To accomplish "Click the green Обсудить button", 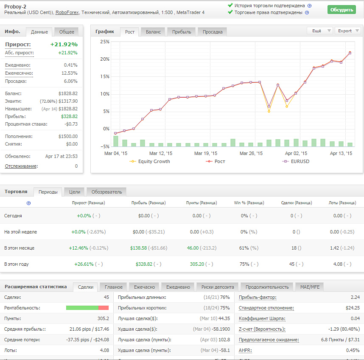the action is [x=342, y=10].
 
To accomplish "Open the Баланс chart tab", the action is [x=153, y=32].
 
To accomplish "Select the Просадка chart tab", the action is [x=213, y=32].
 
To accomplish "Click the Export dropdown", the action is [x=348, y=31].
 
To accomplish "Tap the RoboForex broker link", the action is [x=67, y=13].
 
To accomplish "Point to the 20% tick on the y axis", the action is [x=105, y=59].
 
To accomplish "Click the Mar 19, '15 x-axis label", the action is [x=206, y=153].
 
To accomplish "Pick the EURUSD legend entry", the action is [x=296, y=161].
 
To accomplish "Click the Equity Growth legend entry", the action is [x=150, y=161].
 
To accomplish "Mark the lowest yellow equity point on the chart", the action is [x=269, y=112].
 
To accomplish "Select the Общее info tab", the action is [x=67, y=32].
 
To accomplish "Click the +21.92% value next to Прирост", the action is [x=64, y=44].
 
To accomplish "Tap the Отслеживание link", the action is [x=21, y=166].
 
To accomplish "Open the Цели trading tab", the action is [x=75, y=192].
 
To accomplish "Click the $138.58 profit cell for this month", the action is [x=138, y=248].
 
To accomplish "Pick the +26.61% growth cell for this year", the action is [x=84, y=264].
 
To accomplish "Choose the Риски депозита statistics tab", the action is [x=218, y=287].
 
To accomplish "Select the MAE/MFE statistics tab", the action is [x=310, y=287].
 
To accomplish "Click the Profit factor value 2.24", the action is [x=355, y=297].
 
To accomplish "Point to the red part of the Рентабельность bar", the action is [x=104, y=308].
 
